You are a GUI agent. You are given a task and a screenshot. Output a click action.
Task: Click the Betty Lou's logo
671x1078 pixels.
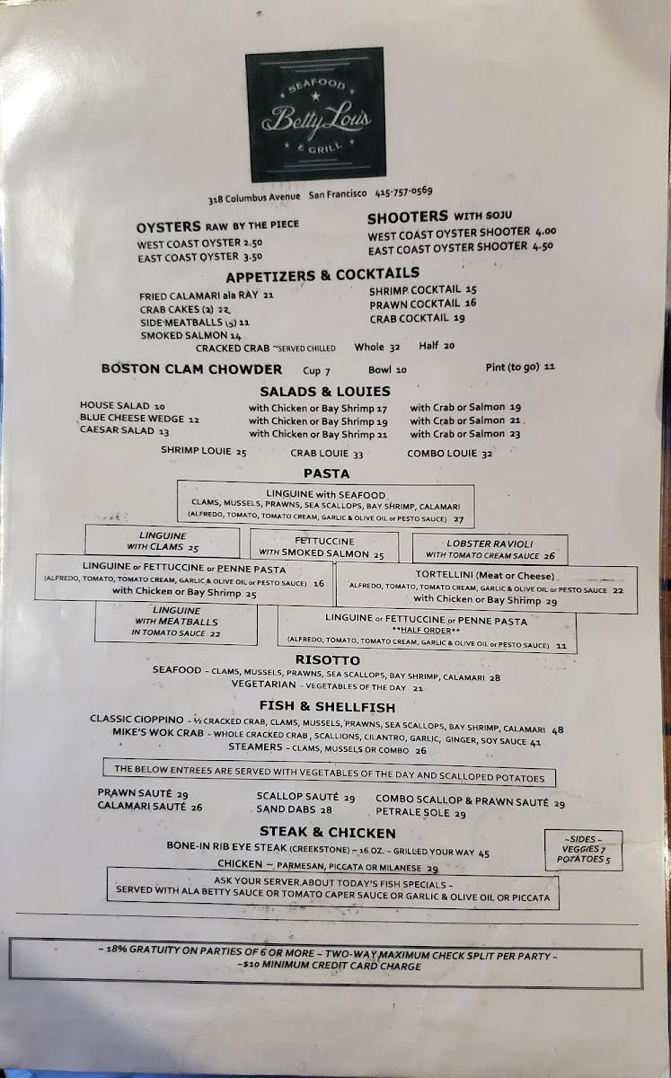[314, 114]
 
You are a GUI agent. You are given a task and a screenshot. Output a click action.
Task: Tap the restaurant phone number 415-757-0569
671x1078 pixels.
[396, 191]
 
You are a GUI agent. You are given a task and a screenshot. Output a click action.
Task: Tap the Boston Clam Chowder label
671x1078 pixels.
[191, 368]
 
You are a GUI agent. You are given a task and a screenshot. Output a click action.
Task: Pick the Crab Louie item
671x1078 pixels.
[327, 454]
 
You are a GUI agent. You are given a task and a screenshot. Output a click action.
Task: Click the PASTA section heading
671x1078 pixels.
[326, 473]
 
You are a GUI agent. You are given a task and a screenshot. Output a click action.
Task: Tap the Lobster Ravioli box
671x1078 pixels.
[490, 549]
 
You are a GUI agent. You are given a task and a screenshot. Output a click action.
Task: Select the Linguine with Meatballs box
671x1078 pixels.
[176, 622]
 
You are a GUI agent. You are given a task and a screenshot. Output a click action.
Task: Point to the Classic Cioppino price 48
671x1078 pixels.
[558, 730]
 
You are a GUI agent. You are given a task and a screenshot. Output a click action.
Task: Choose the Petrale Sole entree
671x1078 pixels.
[434, 814]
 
